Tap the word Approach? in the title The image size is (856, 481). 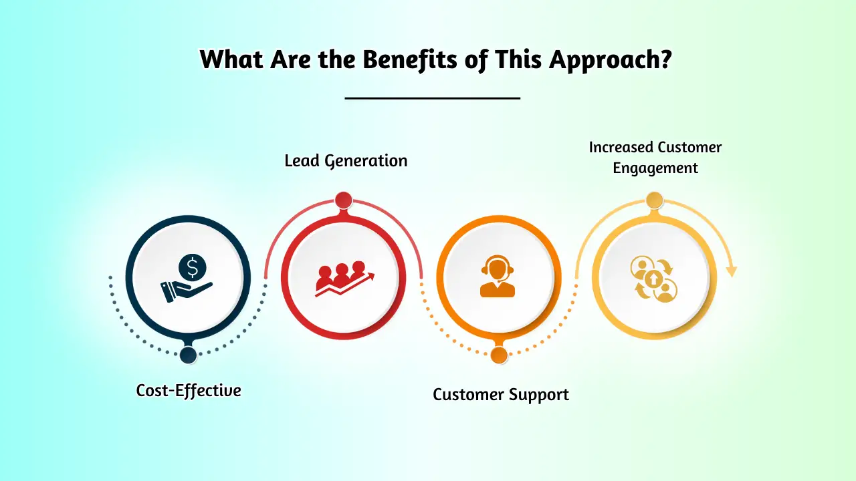611,60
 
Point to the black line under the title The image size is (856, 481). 432,98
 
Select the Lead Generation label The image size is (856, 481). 346,161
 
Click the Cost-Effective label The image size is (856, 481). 189,390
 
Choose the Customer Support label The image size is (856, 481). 501,394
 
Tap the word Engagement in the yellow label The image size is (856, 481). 655,168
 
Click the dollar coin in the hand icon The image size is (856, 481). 193,269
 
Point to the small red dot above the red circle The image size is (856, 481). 344,200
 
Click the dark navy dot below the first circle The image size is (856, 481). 189,355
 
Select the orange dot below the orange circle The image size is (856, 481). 499,355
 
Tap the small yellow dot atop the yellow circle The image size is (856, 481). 654,200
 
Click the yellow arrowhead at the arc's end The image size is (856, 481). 732,271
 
